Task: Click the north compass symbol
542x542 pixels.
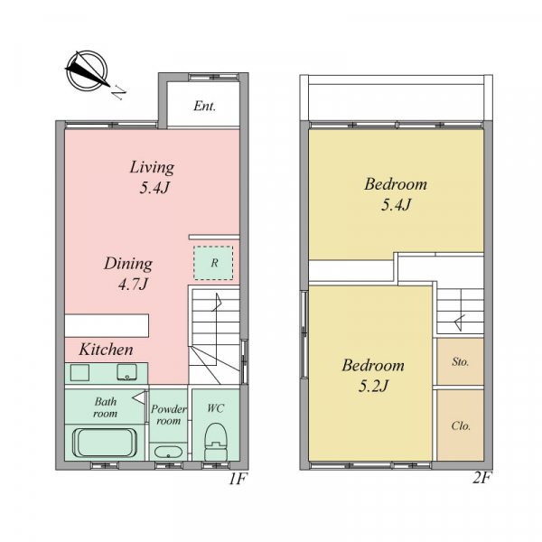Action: pos(87,70)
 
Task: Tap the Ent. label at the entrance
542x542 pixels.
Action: pos(205,106)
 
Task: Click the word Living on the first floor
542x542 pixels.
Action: pos(152,167)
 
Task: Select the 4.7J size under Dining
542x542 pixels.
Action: pos(134,285)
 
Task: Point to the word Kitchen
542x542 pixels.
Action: pos(106,350)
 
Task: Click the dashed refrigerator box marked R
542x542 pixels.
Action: pos(213,263)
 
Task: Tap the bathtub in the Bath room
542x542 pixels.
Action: pos(105,443)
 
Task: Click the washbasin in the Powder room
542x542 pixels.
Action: pos(168,452)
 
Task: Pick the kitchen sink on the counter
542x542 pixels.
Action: pos(126,372)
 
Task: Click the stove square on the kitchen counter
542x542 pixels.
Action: pos(79,372)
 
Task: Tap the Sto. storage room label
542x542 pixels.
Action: pos(461,362)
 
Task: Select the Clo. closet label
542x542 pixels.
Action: pos(461,425)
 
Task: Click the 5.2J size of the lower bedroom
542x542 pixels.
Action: pos(373,386)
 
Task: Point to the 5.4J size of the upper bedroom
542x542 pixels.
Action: pos(397,205)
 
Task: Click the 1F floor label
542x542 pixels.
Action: pos(238,479)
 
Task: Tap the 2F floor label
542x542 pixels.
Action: pos(481,478)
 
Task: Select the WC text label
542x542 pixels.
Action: pos(216,408)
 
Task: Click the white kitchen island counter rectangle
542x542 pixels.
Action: pos(107,325)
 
